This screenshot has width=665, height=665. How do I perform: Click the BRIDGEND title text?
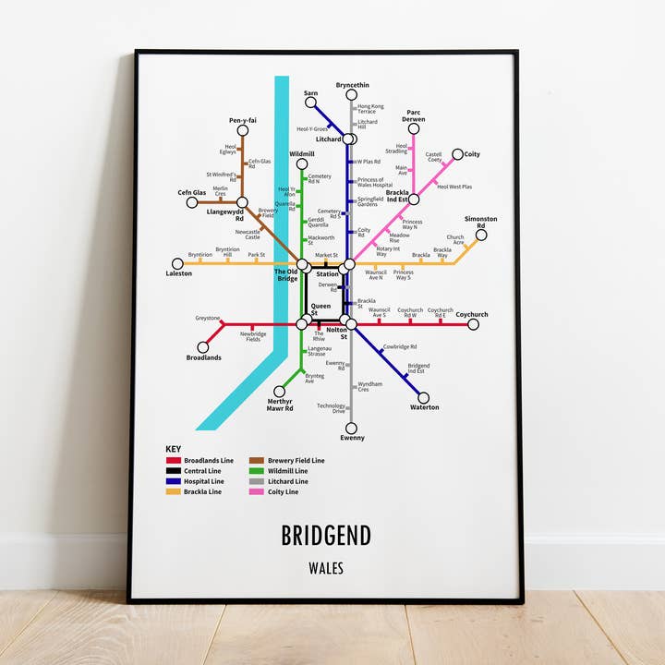point(326,535)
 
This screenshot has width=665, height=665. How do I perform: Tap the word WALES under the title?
point(326,568)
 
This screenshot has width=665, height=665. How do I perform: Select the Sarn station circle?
point(311,103)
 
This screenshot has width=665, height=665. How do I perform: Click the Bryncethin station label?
point(352,85)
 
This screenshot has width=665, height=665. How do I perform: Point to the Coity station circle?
point(457,154)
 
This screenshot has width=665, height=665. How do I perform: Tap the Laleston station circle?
point(177,263)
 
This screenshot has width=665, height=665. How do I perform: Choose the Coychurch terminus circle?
point(473,324)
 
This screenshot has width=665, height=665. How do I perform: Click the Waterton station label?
point(425,407)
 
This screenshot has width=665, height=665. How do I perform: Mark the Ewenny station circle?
point(351,428)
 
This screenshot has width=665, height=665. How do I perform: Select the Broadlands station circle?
point(203,347)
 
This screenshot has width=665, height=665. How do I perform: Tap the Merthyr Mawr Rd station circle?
point(279,391)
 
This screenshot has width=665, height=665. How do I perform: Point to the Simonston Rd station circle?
point(481,236)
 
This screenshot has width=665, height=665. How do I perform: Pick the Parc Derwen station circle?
point(414,128)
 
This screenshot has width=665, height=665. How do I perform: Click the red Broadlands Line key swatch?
point(173,460)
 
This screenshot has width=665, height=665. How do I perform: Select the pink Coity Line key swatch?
point(257,492)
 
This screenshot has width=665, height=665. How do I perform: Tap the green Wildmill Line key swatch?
point(257,471)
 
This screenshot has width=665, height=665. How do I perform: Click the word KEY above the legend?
point(174,449)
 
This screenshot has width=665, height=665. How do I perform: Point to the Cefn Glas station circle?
point(192,202)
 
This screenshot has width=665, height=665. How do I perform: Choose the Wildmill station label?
point(302,153)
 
